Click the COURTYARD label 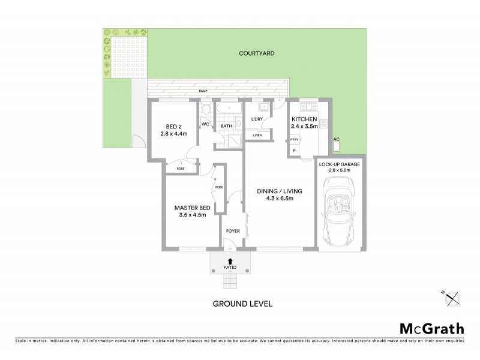(257, 53)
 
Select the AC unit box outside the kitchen (337, 145)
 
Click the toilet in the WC (206, 111)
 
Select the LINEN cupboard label (256, 135)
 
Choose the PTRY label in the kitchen (294, 139)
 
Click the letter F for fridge (294, 150)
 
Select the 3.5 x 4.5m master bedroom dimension (190, 215)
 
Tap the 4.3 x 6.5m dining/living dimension (279, 199)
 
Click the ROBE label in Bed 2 (181, 169)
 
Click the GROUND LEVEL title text (243, 304)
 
